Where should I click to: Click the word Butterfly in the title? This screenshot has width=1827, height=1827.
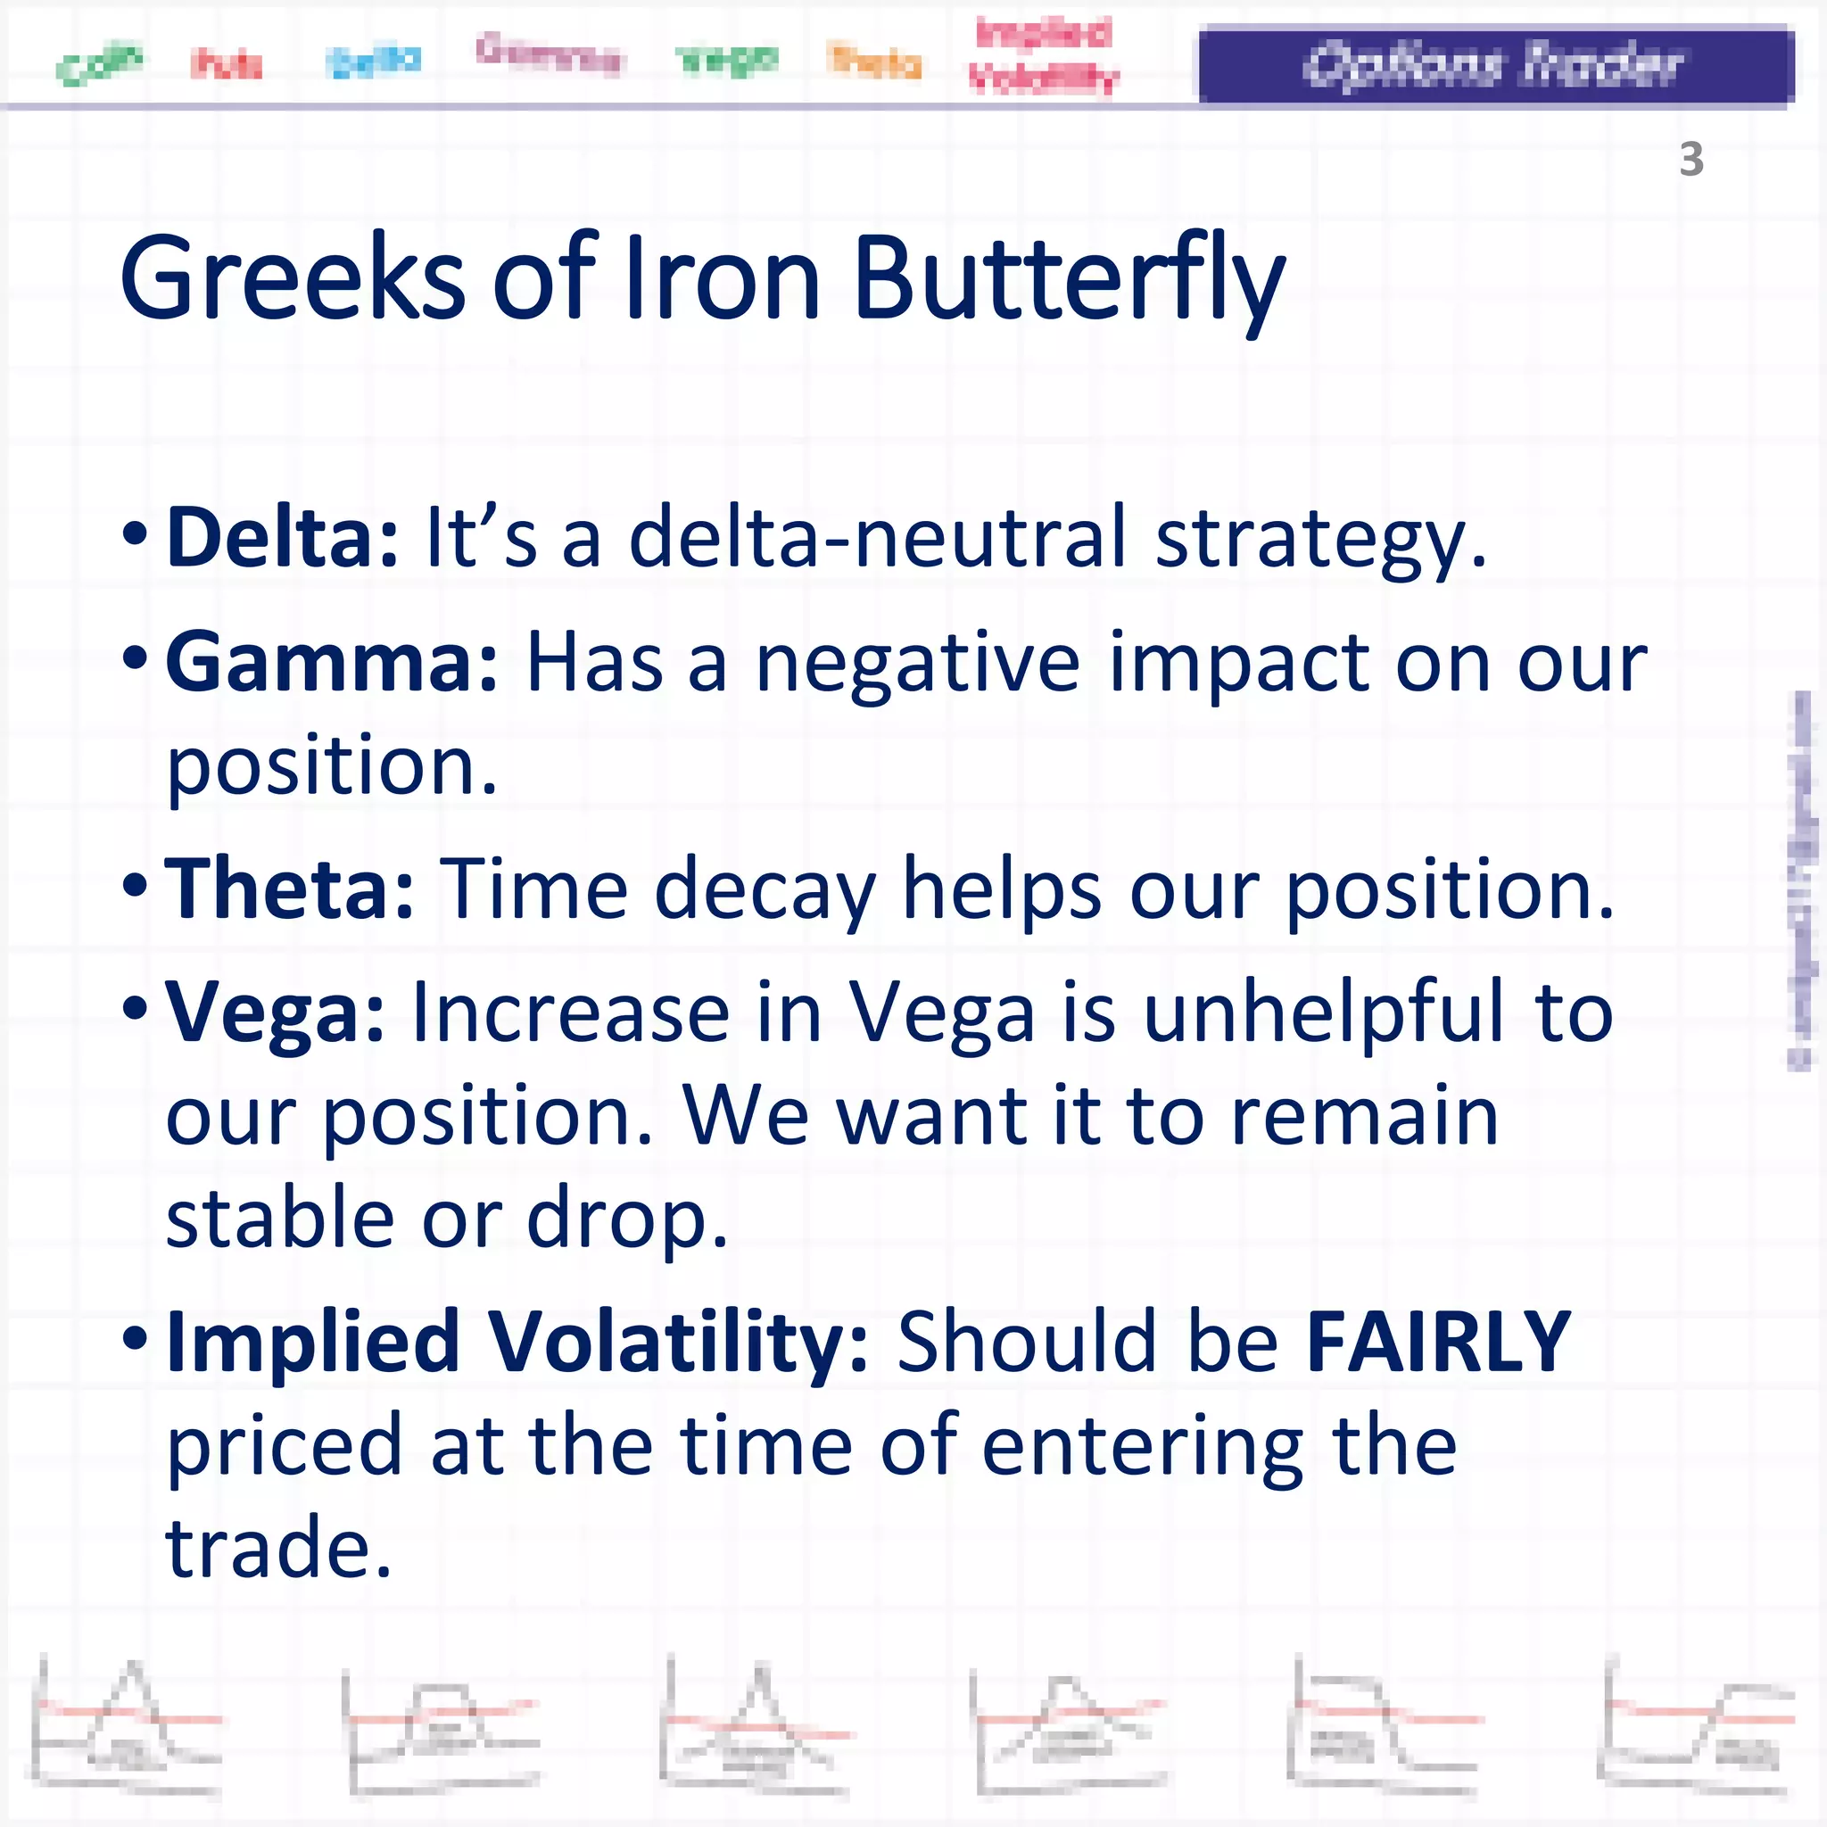click(1069, 280)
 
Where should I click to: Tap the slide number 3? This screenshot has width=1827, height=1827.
click(1691, 159)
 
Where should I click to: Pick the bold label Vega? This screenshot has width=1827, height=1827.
click(274, 1012)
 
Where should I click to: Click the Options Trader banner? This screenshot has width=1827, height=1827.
click(1496, 64)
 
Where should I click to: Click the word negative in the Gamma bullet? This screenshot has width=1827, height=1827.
click(917, 664)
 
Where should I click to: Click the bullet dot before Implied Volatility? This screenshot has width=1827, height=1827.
click(136, 1339)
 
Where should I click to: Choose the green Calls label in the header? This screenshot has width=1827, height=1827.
click(98, 64)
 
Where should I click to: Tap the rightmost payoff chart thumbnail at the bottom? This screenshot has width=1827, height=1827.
click(1699, 1727)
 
